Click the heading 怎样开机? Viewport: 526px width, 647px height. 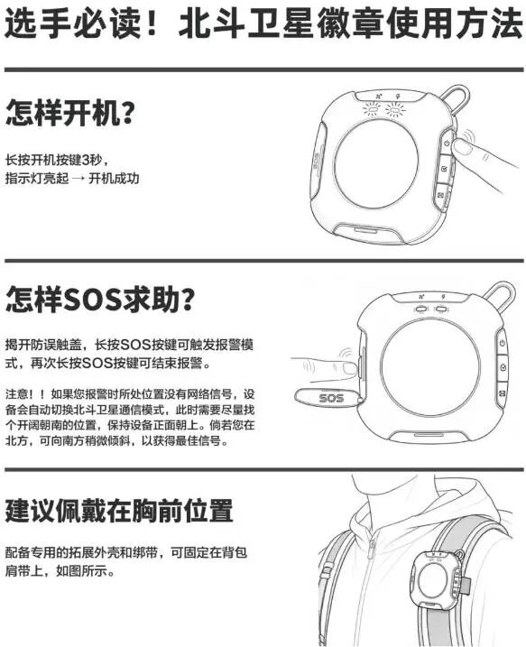(70, 113)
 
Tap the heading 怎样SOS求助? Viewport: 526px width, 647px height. (100, 300)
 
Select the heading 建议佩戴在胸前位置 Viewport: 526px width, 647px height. (119, 511)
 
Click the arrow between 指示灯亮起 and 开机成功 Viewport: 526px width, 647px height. (78, 179)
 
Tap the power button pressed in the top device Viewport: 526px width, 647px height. (448, 143)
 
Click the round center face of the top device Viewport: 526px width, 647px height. (376, 163)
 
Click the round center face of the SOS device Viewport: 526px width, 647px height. (429, 366)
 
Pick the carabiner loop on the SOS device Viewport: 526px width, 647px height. (500, 292)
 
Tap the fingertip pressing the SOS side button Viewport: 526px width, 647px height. (348, 367)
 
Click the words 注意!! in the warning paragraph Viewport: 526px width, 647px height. (24, 393)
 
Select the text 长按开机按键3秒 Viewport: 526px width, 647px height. (53, 160)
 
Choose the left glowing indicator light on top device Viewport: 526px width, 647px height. (373, 110)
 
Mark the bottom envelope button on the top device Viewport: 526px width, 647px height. (441, 195)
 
